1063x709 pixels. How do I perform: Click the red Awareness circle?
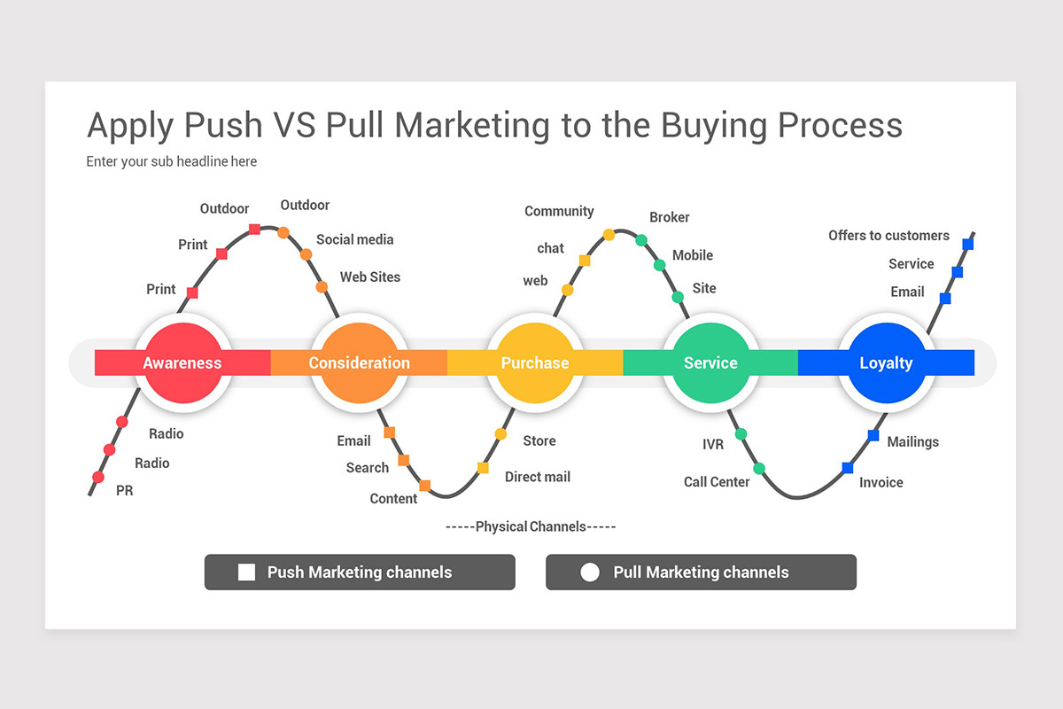pos(182,362)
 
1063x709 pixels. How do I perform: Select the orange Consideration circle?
pos(359,362)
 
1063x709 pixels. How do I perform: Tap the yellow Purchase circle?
pos(535,362)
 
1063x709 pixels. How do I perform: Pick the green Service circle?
pos(710,362)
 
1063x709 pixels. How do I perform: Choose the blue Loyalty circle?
pos(886,362)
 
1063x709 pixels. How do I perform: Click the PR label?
pos(125,490)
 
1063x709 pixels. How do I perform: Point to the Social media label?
pos(354,239)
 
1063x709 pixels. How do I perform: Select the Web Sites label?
pos(370,277)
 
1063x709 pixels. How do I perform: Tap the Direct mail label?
pos(537,477)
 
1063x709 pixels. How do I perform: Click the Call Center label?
pos(717,482)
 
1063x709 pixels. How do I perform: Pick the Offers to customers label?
pos(888,235)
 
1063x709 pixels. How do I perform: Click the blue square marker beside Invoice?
pos(848,468)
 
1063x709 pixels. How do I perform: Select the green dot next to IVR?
pos(741,433)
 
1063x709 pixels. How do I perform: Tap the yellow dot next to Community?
pos(609,235)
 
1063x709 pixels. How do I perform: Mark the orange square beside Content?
pos(425,486)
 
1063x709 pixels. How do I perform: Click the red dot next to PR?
pos(98,477)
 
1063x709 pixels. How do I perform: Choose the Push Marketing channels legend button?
pos(360,572)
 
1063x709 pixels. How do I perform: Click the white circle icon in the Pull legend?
pos(590,573)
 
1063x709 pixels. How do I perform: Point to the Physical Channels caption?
pos(531,526)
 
